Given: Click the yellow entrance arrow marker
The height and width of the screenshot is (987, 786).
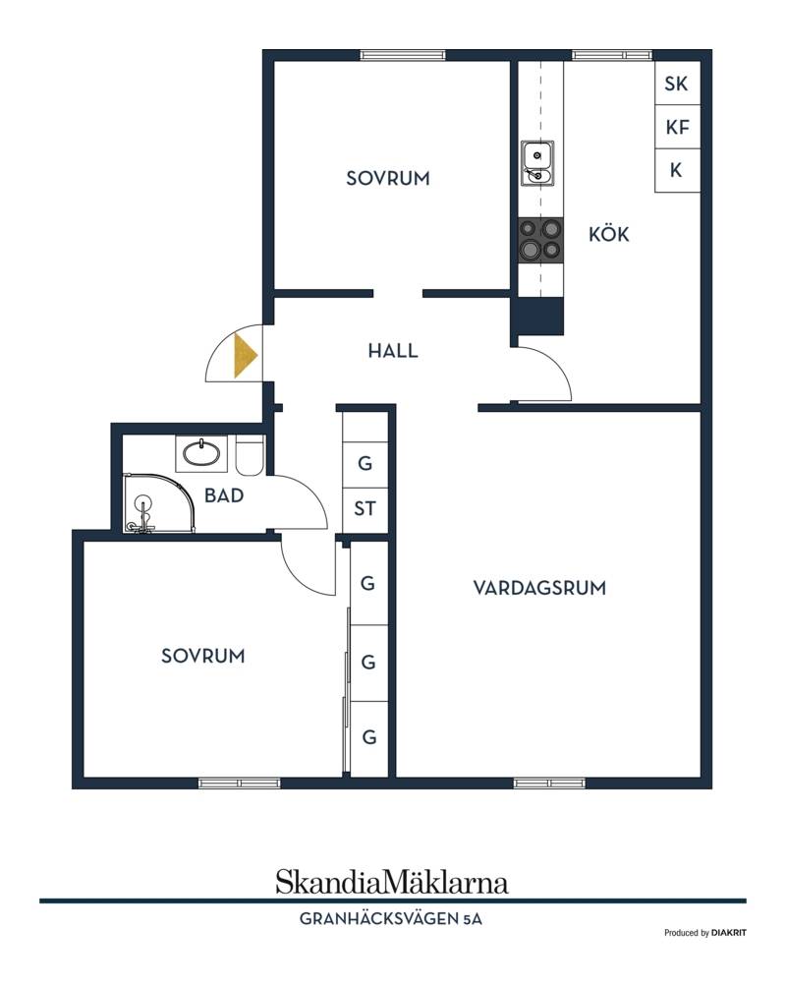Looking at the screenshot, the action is click(245, 356).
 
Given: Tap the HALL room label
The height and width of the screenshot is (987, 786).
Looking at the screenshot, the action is click(393, 351).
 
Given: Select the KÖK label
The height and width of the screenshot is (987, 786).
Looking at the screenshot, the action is click(608, 234).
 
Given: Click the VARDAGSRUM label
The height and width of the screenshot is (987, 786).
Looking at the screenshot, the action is click(539, 588).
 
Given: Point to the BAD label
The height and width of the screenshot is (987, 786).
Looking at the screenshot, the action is click(224, 495).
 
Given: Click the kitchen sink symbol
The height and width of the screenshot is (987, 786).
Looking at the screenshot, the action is click(536, 163).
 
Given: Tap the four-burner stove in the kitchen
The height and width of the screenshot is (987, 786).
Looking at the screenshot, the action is click(540, 240).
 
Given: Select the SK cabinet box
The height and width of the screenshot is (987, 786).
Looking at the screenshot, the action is click(677, 84).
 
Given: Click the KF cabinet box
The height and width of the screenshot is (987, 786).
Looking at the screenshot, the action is click(677, 127).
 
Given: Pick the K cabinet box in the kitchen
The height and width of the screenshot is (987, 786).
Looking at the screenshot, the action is click(677, 171).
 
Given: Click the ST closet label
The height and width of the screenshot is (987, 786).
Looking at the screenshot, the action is click(365, 508).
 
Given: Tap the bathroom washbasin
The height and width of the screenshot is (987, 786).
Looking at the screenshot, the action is click(201, 453).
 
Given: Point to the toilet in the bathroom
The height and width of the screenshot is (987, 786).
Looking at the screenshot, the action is click(250, 455).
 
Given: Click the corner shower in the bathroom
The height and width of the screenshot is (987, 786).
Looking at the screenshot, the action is click(158, 503).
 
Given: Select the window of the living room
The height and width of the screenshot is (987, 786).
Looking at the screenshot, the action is click(549, 784).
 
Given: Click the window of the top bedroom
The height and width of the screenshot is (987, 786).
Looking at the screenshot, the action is click(403, 55).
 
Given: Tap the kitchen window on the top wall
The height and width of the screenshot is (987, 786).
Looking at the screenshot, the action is click(612, 55).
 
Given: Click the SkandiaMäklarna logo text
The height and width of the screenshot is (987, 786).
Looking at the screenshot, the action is click(391, 882).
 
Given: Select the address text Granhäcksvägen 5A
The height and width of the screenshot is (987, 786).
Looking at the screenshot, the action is click(391, 919).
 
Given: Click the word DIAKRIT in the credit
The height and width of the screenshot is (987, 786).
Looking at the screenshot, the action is click(729, 933).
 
